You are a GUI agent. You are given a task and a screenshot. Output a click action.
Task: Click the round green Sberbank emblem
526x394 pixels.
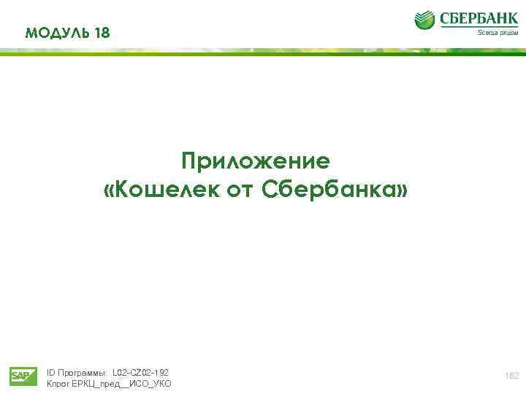[424, 20]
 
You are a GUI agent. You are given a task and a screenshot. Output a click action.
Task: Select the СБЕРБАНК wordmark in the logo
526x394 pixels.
[478, 17]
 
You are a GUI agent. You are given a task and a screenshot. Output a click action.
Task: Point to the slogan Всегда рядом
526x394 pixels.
[498, 32]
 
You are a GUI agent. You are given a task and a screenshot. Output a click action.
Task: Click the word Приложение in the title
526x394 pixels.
[256, 160]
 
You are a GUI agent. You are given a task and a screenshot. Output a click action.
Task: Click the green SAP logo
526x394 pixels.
[23, 376]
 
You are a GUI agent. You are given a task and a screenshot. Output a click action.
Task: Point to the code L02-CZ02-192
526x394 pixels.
[140, 372]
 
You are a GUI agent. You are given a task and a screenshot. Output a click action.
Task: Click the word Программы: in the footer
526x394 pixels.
[83, 372]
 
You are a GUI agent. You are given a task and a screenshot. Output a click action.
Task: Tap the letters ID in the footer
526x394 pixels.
[50, 372]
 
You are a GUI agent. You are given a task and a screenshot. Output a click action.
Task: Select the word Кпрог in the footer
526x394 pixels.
[58, 384]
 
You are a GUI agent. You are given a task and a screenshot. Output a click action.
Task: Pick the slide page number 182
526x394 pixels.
[512, 375]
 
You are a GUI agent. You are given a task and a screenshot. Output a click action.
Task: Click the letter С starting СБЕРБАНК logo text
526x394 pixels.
[444, 17]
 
